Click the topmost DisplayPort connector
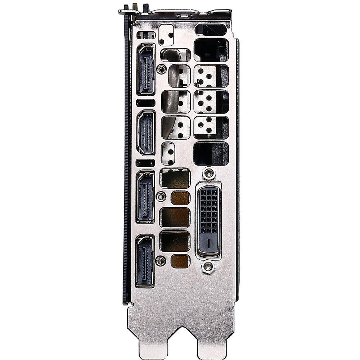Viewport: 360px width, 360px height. pyautogui.click(x=146, y=69)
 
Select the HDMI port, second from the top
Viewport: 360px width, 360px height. pyautogui.click(x=146, y=132)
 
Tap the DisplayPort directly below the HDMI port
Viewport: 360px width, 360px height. pyautogui.click(x=145, y=197)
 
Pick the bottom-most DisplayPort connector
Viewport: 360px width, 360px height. pyautogui.click(x=145, y=261)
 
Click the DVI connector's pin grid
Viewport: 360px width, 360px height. pyautogui.click(x=208, y=210)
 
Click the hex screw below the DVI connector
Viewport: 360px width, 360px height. pyautogui.click(x=208, y=267)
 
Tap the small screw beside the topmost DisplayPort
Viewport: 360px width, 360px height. pyautogui.click(x=161, y=69)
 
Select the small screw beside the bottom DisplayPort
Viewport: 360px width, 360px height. pyautogui.click(x=161, y=261)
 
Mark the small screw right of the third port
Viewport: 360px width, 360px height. pyautogui.click(x=161, y=197)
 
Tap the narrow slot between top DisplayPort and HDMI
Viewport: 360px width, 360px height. pyautogui.click(x=145, y=103)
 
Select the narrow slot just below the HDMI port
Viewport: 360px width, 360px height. pyautogui.click(x=145, y=163)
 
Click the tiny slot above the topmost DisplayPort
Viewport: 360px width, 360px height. pyautogui.click(x=146, y=35)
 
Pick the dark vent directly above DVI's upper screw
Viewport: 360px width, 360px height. pyautogui.click(x=211, y=153)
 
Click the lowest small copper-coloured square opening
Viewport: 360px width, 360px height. pyautogui.click(x=180, y=261)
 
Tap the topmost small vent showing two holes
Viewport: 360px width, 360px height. pyautogui.click(x=166, y=35)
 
